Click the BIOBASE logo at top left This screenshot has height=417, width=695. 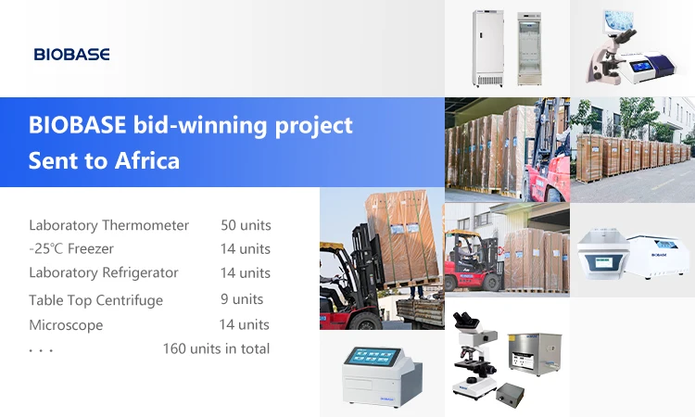click(x=71, y=55)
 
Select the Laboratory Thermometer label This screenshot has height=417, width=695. click(x=108, y=225)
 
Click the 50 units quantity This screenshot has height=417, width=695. click(x=246, y=225)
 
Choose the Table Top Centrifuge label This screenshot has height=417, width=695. click(x=95, y=299)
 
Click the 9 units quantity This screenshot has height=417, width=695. click(x=242, y=299)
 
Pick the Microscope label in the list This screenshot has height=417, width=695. click(x=66, y=325)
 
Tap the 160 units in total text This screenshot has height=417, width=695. click(x=216, y=349)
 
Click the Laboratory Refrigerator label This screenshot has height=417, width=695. click(x=104, y=273)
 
